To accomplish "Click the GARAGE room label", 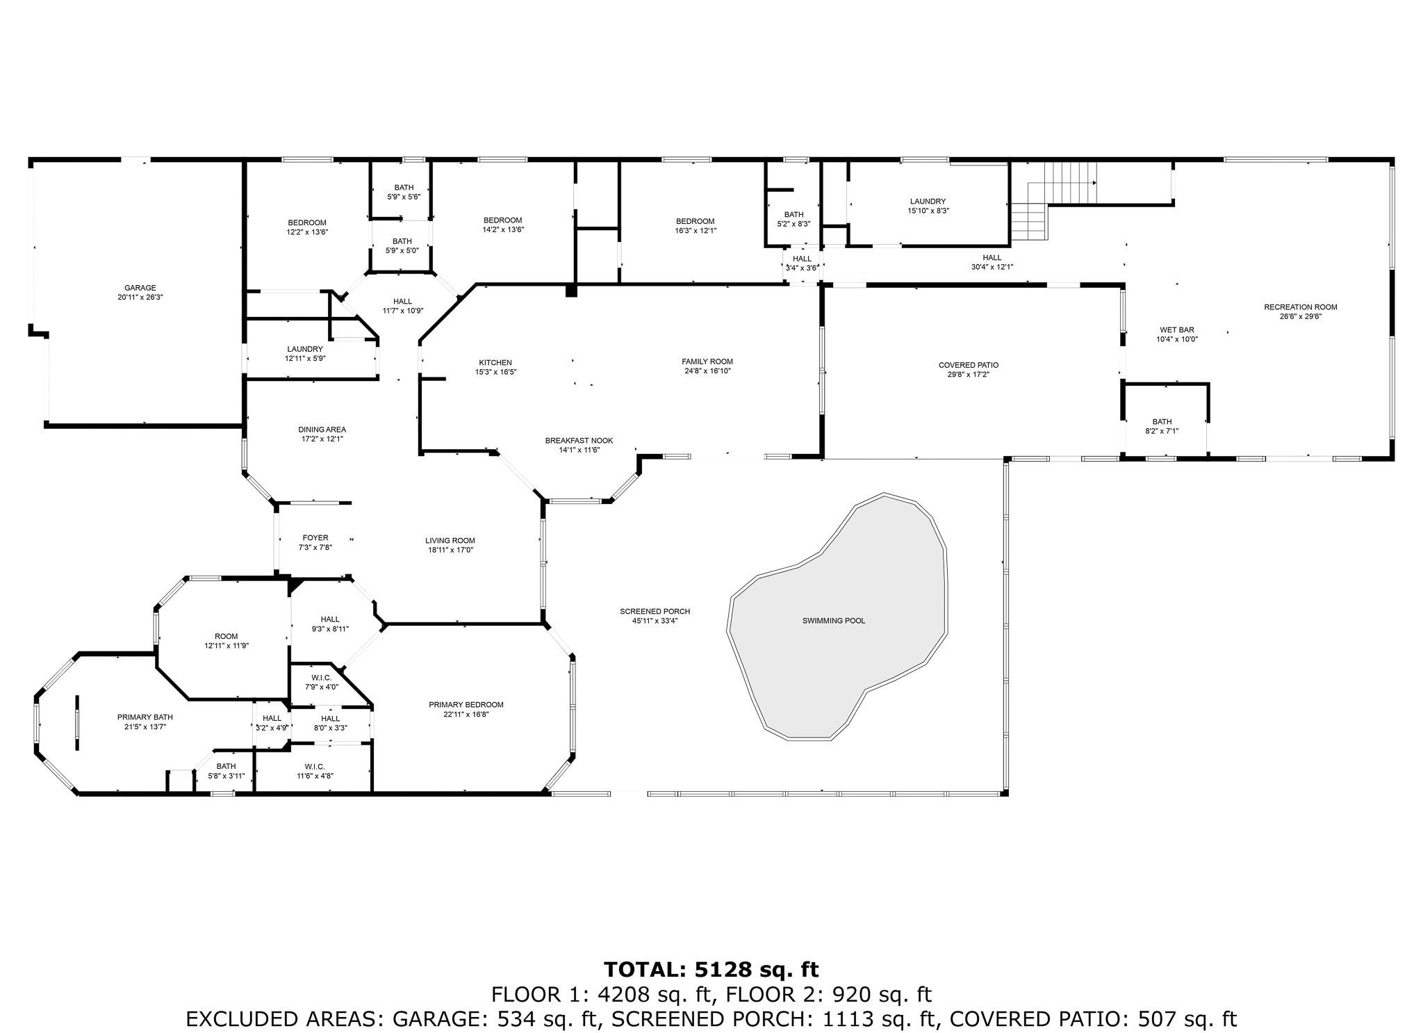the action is coord(140,288).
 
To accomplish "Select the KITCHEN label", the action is coord(495,362).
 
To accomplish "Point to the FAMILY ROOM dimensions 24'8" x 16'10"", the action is coord(707,371).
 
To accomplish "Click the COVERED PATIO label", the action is coord(969,365).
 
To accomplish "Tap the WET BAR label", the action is coord(1177,330).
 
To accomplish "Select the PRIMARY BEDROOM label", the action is coord(466,704).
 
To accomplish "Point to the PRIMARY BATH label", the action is coord(145,717).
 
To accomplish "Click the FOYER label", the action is coord(315,537).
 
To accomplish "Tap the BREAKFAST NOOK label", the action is coord(579,440).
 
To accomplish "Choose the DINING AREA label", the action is coord(322,429).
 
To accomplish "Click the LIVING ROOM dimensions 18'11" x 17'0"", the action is coord(450,550).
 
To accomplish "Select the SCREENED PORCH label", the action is coord(655,611).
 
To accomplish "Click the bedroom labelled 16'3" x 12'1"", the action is coord(695,225).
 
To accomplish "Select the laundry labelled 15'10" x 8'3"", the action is coord(928,205).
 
